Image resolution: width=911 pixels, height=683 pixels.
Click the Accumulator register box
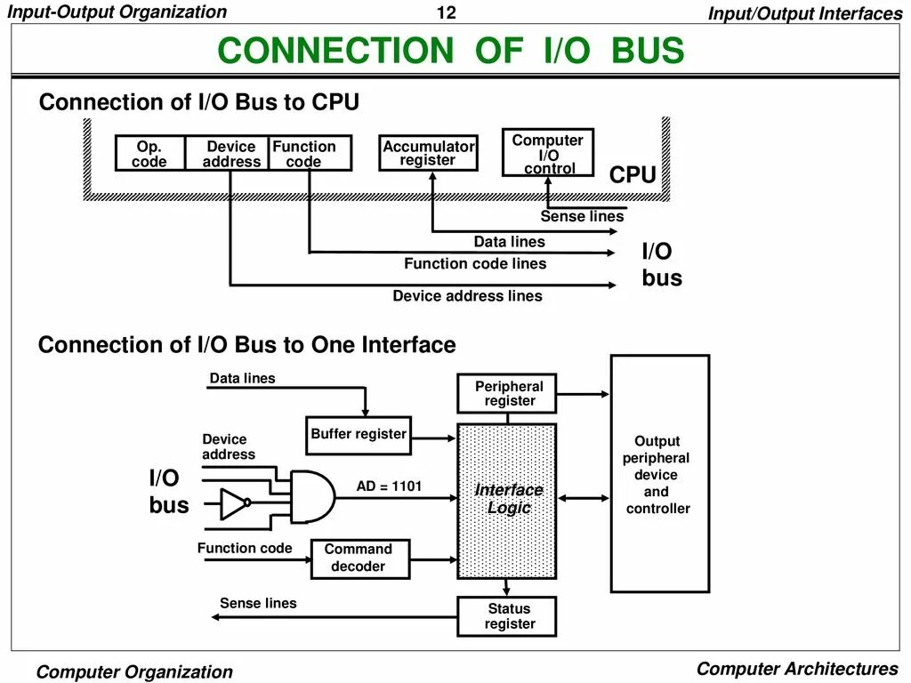pyautogui.click(x=429, y=153)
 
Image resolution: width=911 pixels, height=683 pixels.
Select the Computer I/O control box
pyautogui.click(x=548, y=153)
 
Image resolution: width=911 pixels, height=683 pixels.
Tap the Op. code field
pyautogui.click(x=149, y=153)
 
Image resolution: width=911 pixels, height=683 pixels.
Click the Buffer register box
pyautogui.click(x=359, y=435)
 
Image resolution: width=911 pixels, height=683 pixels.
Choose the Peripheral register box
pyautogui.click(x=508, y=393)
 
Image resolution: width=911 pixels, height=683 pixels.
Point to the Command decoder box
pyautogui.click(x=359, y=558)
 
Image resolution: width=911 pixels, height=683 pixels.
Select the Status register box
pyautogui.click(x=508, y=615)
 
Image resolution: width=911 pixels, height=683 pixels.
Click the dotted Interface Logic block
pyautogui.click(x=508, y=499)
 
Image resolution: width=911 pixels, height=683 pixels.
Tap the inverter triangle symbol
pyautogui.click(x=234, y=504)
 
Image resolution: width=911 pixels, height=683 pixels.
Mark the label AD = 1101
pyautogui.click(x=389, y=486)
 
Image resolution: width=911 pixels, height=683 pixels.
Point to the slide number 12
pyautogui.click(x=446, y=13)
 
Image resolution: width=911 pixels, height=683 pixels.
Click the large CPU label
pyautogui.click(x=633, y=176)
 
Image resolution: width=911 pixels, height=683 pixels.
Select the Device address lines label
pyautogui.click(x=467, y=296)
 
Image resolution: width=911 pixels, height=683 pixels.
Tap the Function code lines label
pyautogui.click(x=475, y=263)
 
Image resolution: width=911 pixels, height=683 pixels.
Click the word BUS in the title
pyautogui.click(x=648, y=51)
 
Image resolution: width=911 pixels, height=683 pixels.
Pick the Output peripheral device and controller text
pyautogui.click(x=657, y=475)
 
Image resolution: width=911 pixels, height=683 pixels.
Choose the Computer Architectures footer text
pyautogui.click(x=796, y=669)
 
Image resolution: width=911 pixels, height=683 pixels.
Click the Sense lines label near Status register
pyautogui.click(x=258, y=604)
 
